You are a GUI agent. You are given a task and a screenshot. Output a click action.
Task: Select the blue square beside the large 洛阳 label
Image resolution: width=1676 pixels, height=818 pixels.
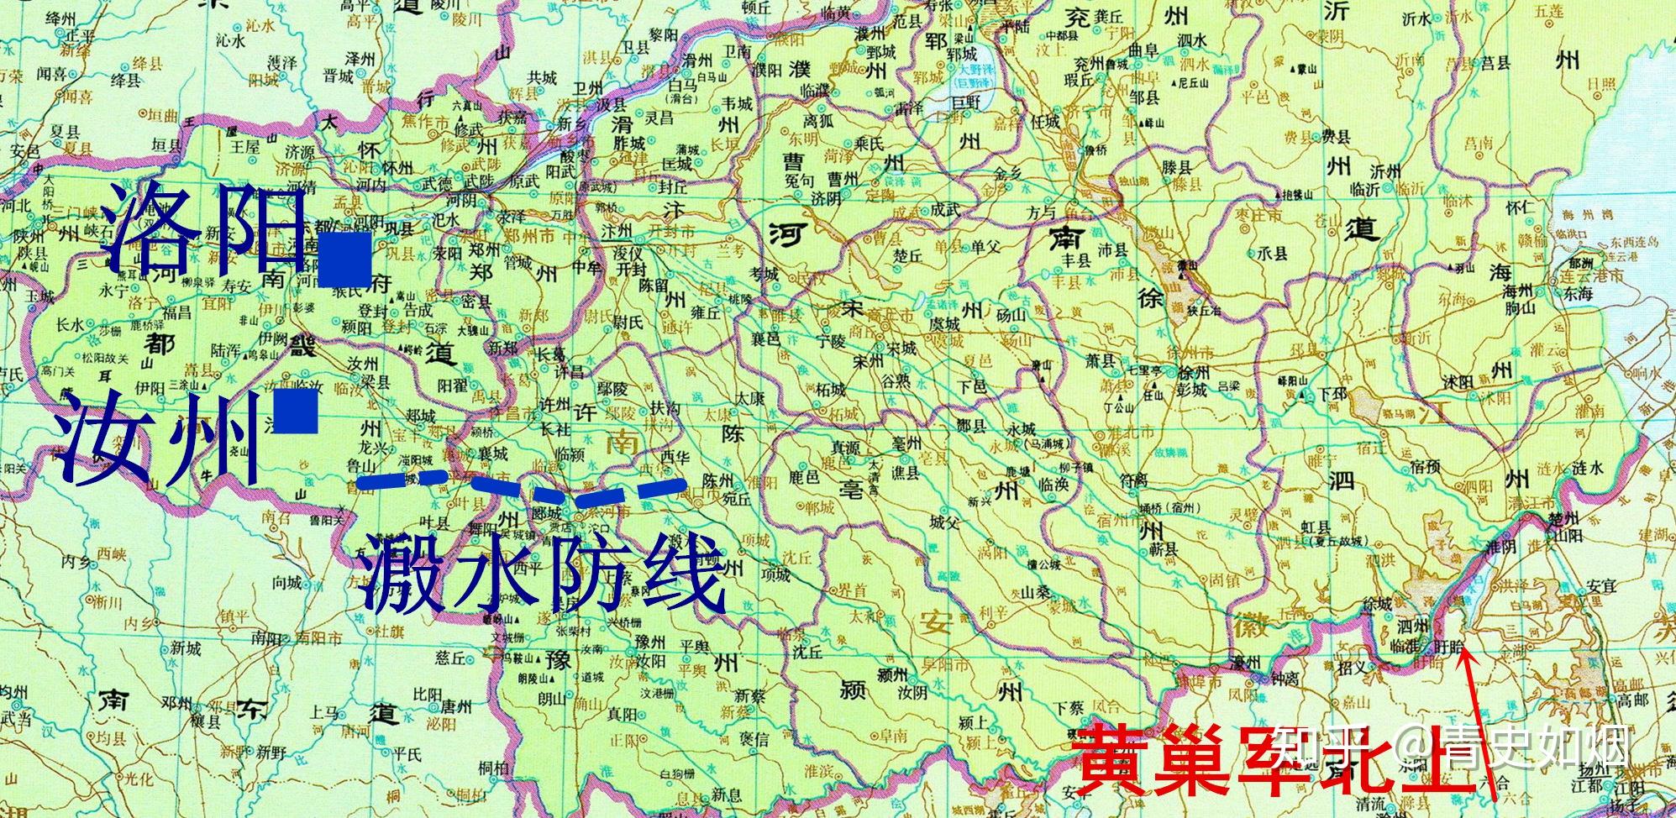point(344,260)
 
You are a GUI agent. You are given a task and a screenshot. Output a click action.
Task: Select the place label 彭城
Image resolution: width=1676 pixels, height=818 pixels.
point(1192,390)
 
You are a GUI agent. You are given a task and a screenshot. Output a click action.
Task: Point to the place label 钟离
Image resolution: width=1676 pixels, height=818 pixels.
point(1285,678)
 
